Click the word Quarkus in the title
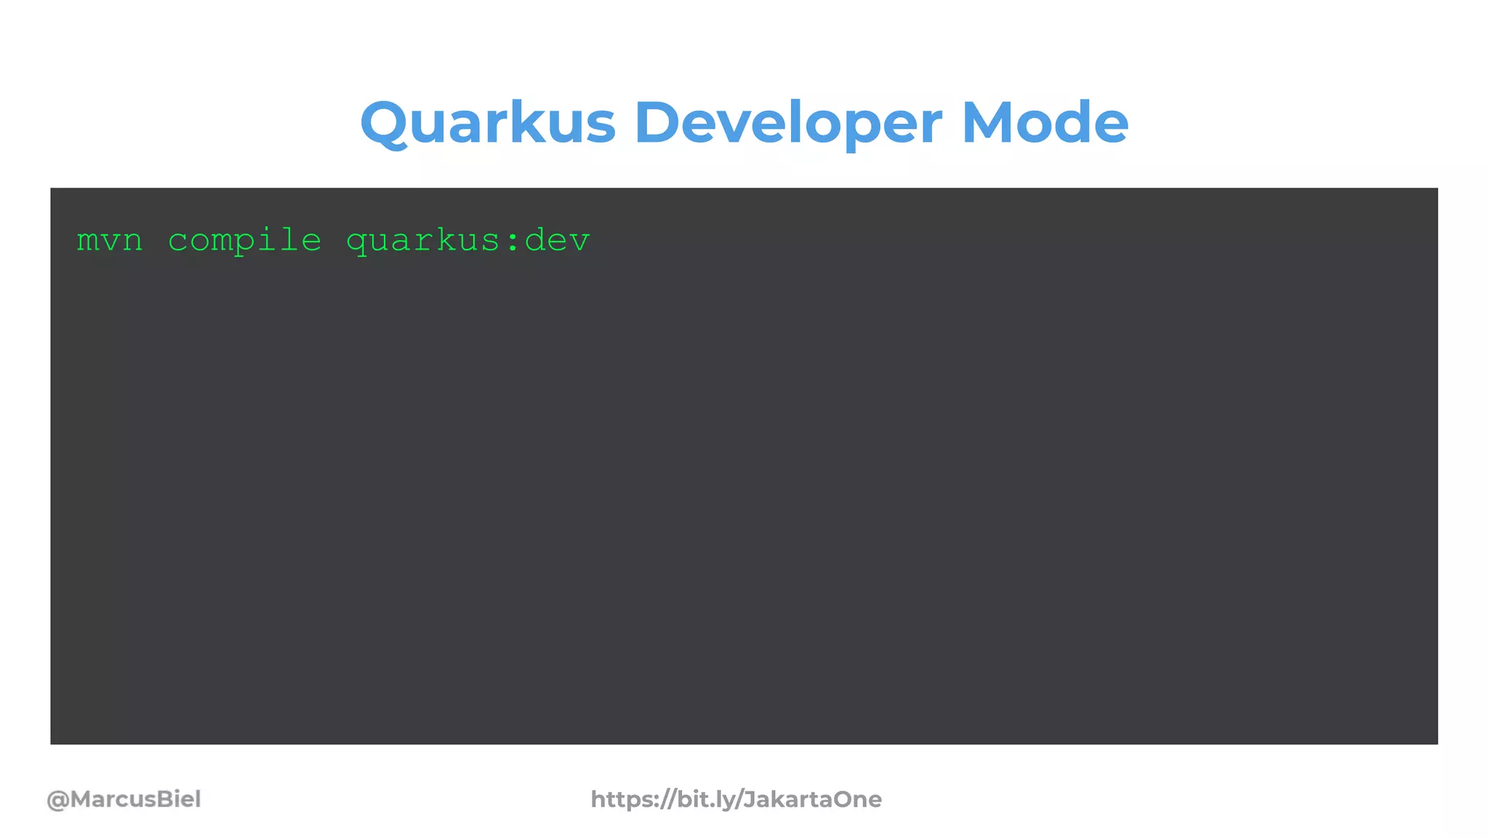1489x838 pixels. (488, 122)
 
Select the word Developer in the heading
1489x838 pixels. (788, 122)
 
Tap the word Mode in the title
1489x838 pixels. (1045, 122)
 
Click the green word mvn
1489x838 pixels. (110, 241)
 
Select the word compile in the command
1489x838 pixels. (244, 241)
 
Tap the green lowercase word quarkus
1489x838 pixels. (423, 241)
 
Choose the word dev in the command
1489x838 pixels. (557, 241)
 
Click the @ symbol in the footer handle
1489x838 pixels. (58, 799)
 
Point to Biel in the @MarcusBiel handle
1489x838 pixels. (179, 799)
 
